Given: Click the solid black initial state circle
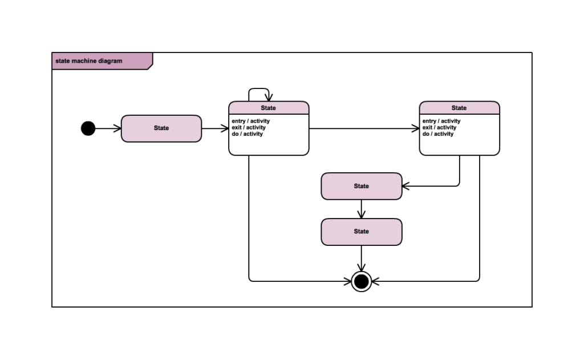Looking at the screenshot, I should coord(88,128).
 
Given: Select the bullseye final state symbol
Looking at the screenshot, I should coord(362,281).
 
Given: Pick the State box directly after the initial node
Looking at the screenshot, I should coord(161,128).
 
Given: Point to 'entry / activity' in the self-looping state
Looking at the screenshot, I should coord(251,121).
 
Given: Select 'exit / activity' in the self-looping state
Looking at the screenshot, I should coord(249,128).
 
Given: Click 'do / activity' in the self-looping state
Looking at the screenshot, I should coord(247,134).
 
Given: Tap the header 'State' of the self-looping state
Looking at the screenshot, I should coord(269,108).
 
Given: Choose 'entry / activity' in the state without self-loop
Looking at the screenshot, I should coord(441,121).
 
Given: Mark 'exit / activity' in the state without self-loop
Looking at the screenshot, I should coord(439,128).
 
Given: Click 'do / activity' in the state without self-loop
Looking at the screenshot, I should coord(437,134).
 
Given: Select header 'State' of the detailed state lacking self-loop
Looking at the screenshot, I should coord(459,108).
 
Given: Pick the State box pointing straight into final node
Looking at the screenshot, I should coord(362,232).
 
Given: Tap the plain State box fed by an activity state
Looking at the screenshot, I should coord(362,186).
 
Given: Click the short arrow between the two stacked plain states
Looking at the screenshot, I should coord(362,209).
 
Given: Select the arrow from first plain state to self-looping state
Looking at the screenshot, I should coord(215,129).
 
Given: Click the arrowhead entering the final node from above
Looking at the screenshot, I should coord(362,268).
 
